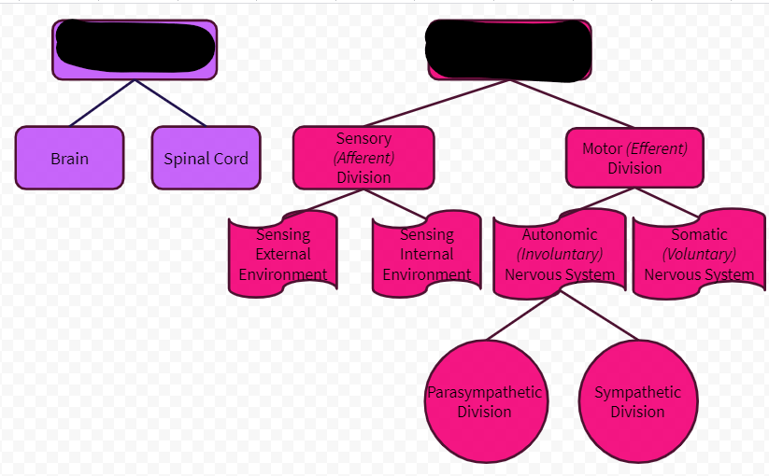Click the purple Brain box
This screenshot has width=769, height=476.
[69, 158]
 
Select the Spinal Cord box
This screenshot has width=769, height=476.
[206, 158]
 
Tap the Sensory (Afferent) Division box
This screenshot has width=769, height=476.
[363, 158]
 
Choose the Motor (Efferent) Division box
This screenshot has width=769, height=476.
[634, 158]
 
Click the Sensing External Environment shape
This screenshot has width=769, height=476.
[282, 254]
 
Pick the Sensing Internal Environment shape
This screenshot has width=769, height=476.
[426, 254]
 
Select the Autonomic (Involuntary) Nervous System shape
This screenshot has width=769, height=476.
[560, 254]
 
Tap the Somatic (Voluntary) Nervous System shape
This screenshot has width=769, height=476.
[699, 254]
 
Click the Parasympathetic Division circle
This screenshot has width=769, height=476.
[484, 401]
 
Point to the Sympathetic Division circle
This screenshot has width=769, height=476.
[637, 401]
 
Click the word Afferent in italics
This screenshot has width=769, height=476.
[364, 158]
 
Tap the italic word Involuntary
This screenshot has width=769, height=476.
[560, 254]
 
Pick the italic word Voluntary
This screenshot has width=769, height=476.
[699, 254]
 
